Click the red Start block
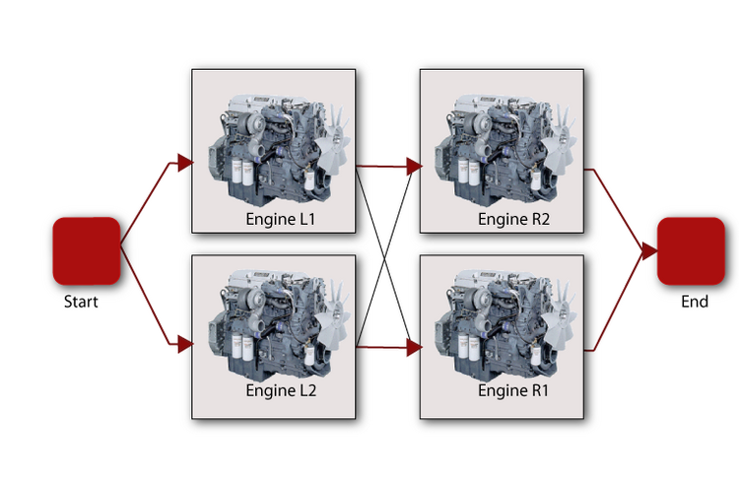click(87, 250)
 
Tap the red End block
click(691, 250)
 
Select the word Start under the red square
click(81, 302)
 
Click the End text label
click(695, 302)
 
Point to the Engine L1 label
click(281, 219)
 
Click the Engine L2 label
click(281, 390)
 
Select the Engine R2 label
click(513, 219)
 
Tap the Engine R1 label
click(513, 390)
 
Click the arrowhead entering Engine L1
click(185, 163)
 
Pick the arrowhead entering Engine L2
click(185, 344)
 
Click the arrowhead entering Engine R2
click(414, 167)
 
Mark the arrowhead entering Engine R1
click(414, 348)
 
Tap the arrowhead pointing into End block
click(649, 251)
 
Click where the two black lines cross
click(385, 257)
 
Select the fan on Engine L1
click(333, 141)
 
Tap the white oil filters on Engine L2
click(241, 347)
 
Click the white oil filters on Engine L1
click(242, 172)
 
